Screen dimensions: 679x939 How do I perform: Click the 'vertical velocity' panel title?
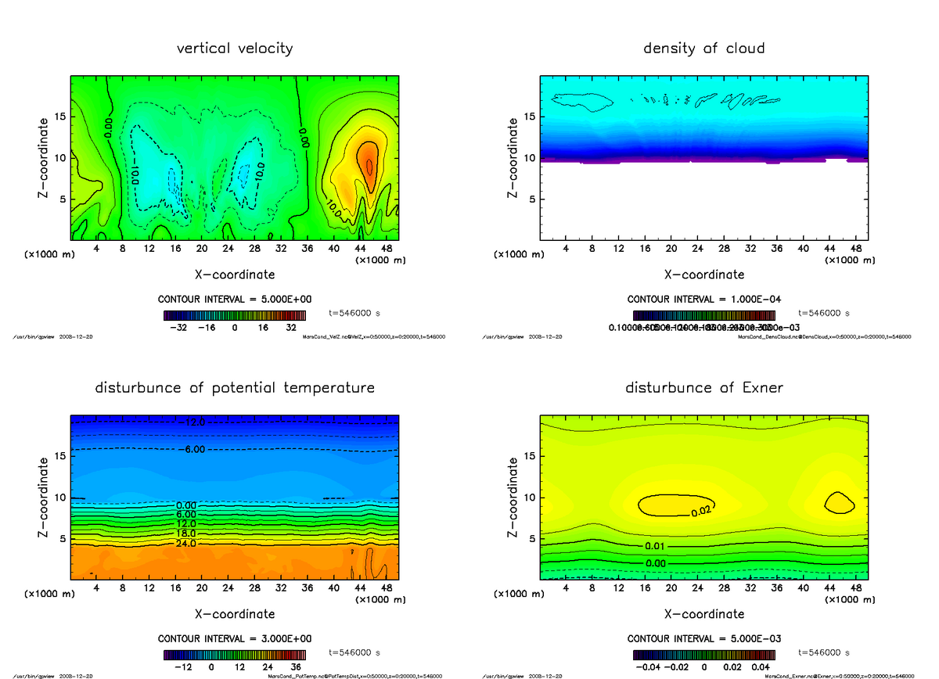[235, 48]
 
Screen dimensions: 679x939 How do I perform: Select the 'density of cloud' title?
[703, 48]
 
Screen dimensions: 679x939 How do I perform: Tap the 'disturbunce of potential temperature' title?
[235, 388]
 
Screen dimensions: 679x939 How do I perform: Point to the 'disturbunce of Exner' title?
[703, 388]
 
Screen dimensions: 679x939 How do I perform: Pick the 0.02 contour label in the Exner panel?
[701, 512]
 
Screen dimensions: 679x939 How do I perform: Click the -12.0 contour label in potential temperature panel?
[191, 422]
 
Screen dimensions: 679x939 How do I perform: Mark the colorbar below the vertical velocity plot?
[235, 315]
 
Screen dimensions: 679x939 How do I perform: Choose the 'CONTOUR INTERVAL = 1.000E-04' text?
[703, 300]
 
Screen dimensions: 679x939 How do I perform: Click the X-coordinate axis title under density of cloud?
[703, 275]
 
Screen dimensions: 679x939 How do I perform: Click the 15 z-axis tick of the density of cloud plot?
[530, 117]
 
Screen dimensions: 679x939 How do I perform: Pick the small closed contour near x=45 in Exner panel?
[840, 502]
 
